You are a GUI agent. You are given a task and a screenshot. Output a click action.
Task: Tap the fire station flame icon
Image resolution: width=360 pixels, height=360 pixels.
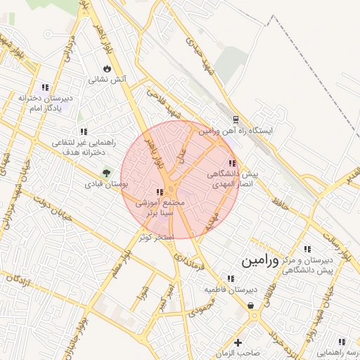106,69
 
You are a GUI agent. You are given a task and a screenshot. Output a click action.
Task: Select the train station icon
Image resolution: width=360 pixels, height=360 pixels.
235,120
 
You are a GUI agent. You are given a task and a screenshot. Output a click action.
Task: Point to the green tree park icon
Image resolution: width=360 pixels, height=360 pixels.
107,172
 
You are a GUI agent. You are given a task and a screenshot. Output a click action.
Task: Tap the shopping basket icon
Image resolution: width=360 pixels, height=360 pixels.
251,305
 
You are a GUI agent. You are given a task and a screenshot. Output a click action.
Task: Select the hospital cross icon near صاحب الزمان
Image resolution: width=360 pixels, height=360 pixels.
238,343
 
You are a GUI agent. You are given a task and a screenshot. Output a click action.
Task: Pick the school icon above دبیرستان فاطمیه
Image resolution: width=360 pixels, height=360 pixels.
230,278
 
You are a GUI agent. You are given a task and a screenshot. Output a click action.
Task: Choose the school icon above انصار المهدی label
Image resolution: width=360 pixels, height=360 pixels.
233,163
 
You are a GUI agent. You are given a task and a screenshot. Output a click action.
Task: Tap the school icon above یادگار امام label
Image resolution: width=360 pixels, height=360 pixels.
46,88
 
